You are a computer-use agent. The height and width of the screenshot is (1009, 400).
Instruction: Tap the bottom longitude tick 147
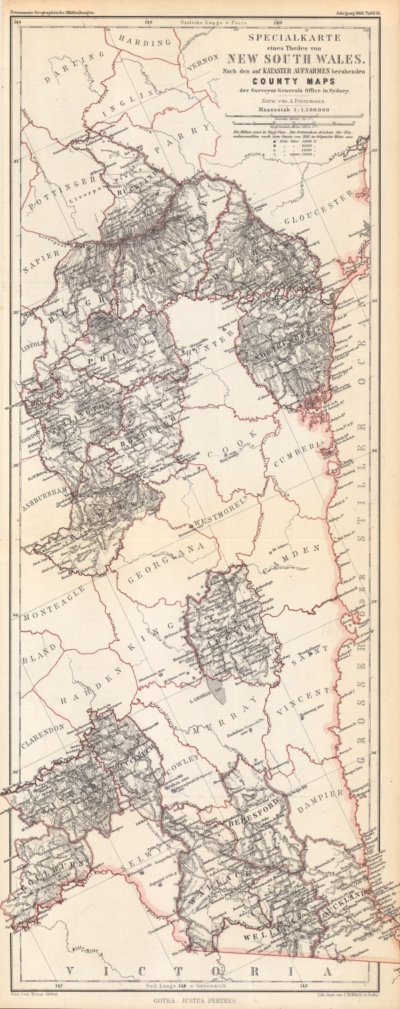click(x=59, y=984)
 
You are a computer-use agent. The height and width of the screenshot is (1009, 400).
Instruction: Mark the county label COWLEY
click(x=181, y=764)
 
